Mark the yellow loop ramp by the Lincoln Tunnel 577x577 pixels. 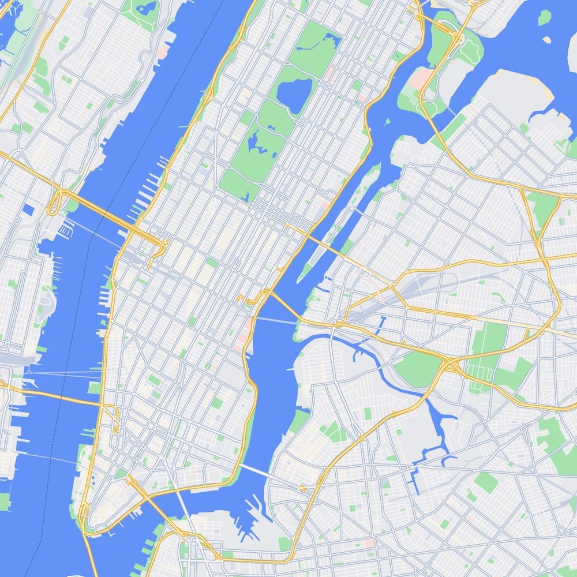pos(56,202)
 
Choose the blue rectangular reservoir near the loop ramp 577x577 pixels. pos(29,210)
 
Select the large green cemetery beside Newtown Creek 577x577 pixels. pos(418,369)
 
